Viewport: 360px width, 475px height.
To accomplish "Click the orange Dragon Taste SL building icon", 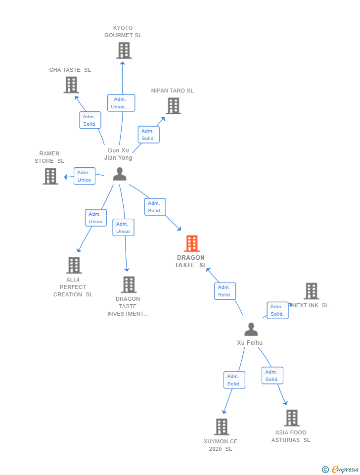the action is click(x=192, y=243).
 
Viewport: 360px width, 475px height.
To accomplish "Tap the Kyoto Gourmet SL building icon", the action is click(x=124, y=50).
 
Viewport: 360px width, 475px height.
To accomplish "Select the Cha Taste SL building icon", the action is click(x=71, y=85).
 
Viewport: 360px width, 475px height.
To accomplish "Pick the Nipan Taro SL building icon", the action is click(x=174, y=106).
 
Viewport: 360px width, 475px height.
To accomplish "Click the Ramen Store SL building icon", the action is click(x=50, y=176).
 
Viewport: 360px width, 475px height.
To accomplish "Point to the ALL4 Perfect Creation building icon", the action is click(x=74, y=265).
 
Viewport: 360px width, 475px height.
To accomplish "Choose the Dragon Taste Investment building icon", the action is click(x=129, y=285).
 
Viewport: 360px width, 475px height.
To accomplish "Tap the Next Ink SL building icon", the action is click(x=312, y=291).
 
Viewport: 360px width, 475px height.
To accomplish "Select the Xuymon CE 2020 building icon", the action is click(x=222, y=427).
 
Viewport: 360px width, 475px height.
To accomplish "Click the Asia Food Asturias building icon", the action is click(x=292, y=418).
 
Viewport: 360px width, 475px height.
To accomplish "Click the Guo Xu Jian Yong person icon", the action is click(x=120, y=174).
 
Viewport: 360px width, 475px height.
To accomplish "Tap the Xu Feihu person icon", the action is click(x=251, y=330).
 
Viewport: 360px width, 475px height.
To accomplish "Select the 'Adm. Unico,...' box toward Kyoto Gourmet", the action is click(x=121, y=103).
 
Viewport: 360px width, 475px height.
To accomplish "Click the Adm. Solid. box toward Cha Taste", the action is click(x=90, y=120).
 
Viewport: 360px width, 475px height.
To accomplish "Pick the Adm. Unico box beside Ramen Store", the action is click(x=85, y=176).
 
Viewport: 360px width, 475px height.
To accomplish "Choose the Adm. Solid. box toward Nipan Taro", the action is click(x=148, y=135).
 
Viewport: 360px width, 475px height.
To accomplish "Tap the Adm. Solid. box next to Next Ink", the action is click(x=277, y=310).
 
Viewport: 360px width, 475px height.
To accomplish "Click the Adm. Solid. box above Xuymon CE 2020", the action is click(x=234, y=380).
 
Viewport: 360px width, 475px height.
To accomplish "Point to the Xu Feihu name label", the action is click(x=250, y=342).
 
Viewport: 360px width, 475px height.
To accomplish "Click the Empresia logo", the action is click(x=340, y=469).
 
